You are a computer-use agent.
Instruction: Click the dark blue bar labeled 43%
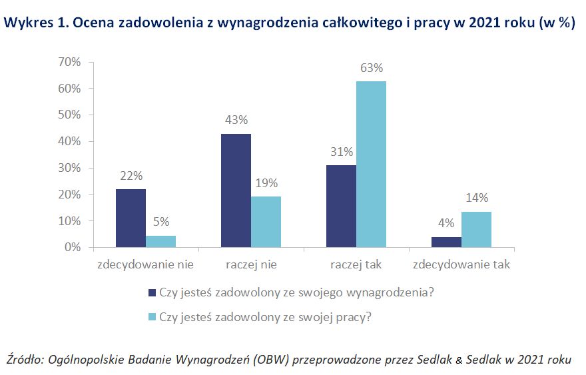(236, 190)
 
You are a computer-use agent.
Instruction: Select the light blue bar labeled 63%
(372, 164)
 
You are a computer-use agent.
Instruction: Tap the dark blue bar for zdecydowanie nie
(131, 218)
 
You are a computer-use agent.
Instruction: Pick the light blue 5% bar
(161, 241)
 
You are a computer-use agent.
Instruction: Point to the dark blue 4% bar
(447, 242)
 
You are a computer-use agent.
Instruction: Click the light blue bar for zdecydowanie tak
(477, 229)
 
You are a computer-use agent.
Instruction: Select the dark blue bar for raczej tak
(342, 206)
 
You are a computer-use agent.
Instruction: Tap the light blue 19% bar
(266, 222)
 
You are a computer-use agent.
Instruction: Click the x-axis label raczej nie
(251, 264)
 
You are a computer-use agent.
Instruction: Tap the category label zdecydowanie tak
(461, 264)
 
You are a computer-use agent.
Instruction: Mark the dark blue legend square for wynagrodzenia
(152, 292)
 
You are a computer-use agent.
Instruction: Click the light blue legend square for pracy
(152, 317)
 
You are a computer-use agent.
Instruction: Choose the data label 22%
(131, 177)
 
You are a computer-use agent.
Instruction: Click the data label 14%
(477, 198)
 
